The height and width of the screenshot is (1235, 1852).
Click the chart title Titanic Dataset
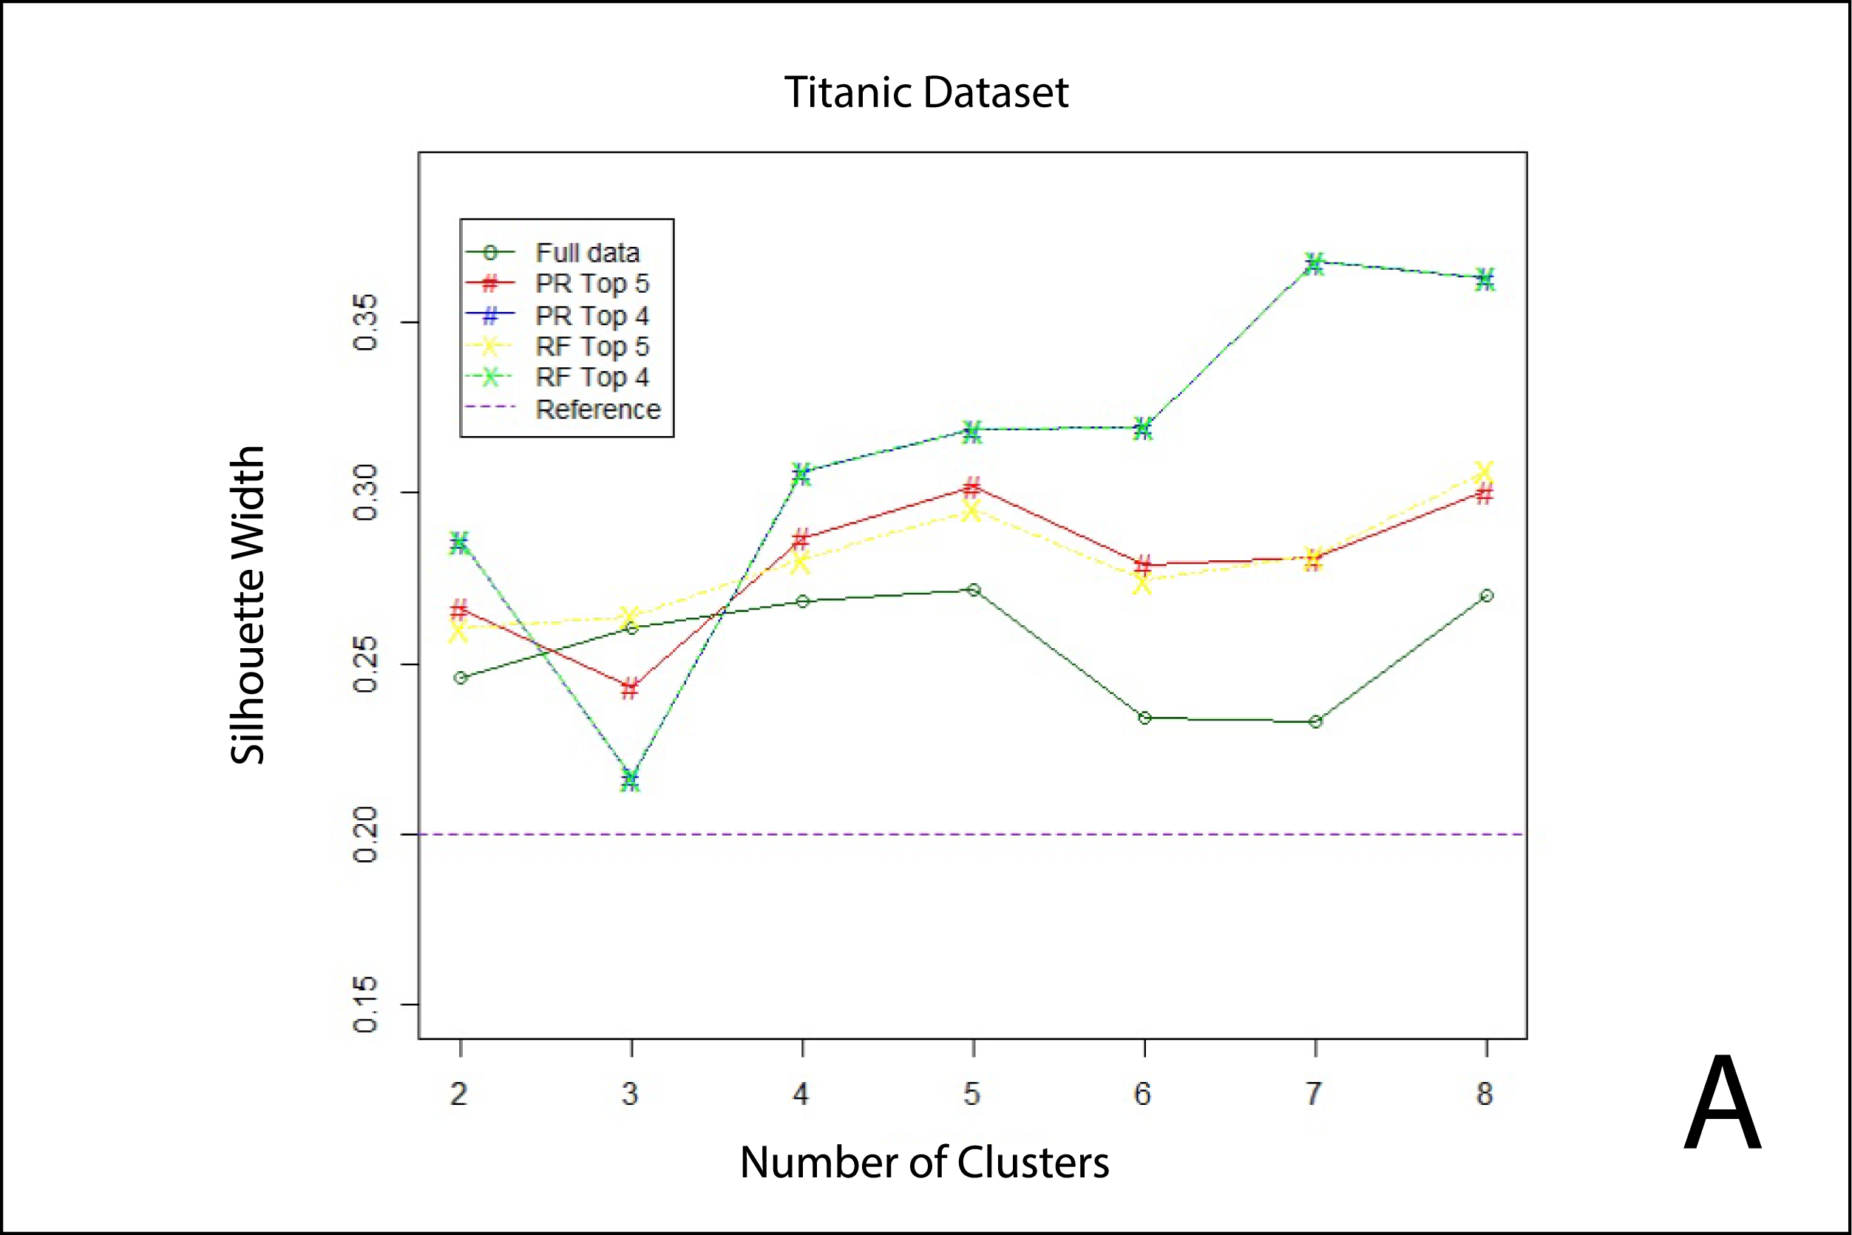(x=926, y=93)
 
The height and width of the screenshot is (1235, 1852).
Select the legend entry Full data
(x=587, y=253)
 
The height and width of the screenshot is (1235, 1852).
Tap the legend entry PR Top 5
(x=591, y=284)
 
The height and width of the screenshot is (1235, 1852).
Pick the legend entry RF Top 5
(x=591, y=347)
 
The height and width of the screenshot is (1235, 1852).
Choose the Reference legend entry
(x=598, y=409)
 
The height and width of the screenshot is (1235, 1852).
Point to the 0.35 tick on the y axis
(x=365, y=322)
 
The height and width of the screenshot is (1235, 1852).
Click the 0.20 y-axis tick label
(x=365, y=834)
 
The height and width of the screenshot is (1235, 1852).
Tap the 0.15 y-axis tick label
(x=365, y=1004)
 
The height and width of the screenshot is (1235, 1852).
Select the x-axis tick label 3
(x=630, y=1094)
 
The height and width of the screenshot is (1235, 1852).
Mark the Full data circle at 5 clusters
(x=974, y=590)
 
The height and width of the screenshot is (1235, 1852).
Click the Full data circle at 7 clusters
(x=1315, y=721)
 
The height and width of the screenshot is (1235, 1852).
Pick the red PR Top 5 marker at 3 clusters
(x=629, y=688)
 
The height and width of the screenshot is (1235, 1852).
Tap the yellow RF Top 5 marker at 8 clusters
(x=1485, y=472)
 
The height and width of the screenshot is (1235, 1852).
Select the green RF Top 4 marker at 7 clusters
(x=1314, y=264)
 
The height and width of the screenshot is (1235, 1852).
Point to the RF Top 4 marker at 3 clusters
(x=629, y=780)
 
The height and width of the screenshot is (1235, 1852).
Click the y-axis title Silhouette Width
(x=248, y=605)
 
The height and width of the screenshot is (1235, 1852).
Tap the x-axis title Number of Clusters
(x=924, y=1163)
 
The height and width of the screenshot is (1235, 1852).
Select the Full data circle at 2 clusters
(x=461, y=677)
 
